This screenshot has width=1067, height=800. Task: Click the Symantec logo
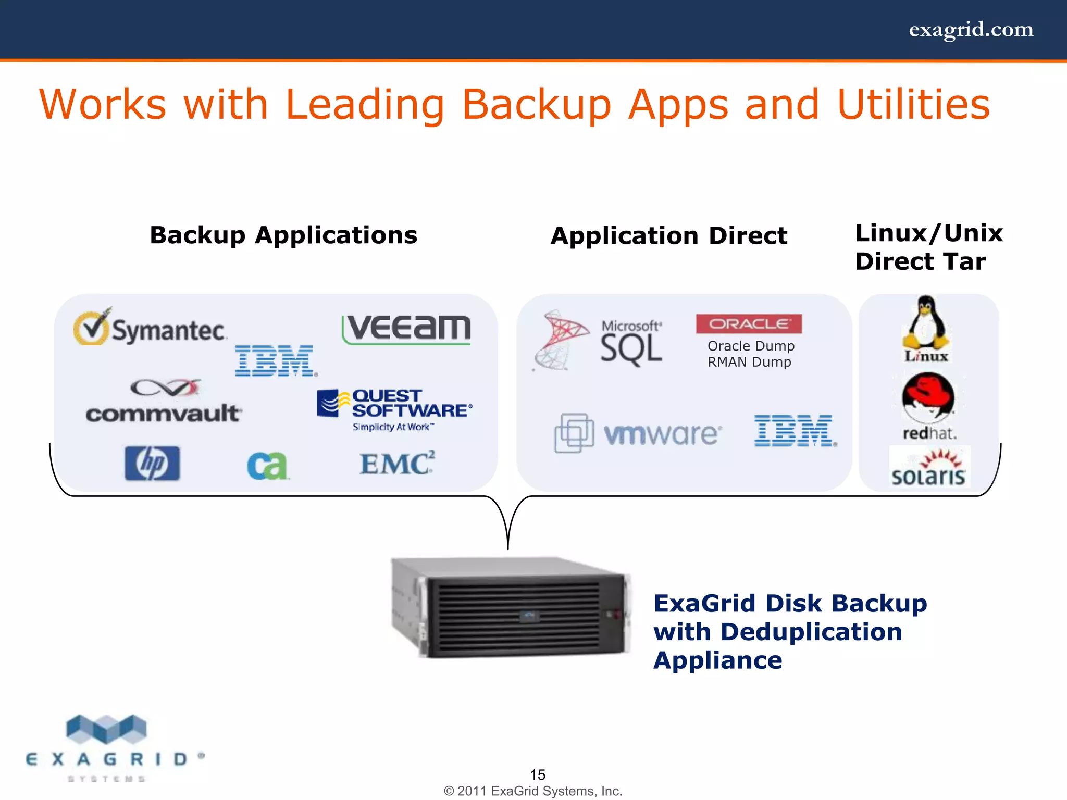[x=150, y=328]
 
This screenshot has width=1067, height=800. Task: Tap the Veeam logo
[x=406, y=329]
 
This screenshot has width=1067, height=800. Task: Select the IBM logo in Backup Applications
[x=276, y=360]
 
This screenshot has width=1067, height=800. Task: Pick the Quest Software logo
[x=395, y=409]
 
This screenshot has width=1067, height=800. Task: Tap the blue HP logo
[x=152, y=463]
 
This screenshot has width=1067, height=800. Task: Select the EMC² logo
[x=397, y=463]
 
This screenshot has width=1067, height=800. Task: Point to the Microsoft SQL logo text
[x=631, y=344]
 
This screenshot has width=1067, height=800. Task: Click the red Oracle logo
[x=749, y=323]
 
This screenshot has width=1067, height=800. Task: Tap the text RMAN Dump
[x=749, y=362]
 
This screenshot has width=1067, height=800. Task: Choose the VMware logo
[x=639, y=433]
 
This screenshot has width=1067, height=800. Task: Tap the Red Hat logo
[x=929, y=406]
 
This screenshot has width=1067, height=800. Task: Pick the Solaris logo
[x=929, y=468]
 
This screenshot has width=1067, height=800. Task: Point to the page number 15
[x=538, y=774]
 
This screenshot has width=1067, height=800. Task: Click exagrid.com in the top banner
[x=971, y=30]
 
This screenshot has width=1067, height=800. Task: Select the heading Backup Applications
[x=283, y=235]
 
